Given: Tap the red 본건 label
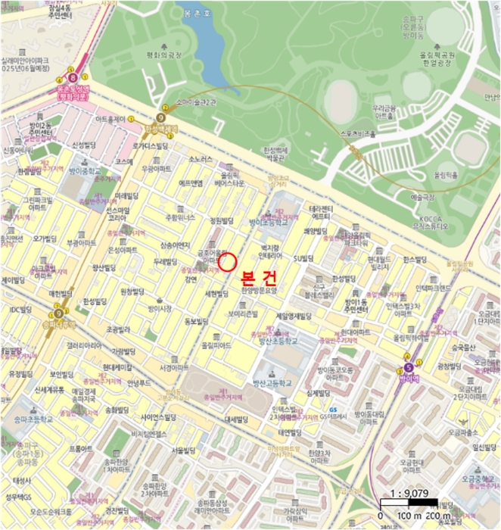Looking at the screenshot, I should tap(258, 276).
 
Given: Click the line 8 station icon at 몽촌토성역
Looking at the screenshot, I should tap(73, 77).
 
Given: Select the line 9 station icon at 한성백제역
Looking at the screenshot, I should tap(160, 117).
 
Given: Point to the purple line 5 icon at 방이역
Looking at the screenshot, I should tap(409, 369).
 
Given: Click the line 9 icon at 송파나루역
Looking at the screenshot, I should tap(58, 312).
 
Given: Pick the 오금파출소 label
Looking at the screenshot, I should tap(462, 432).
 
